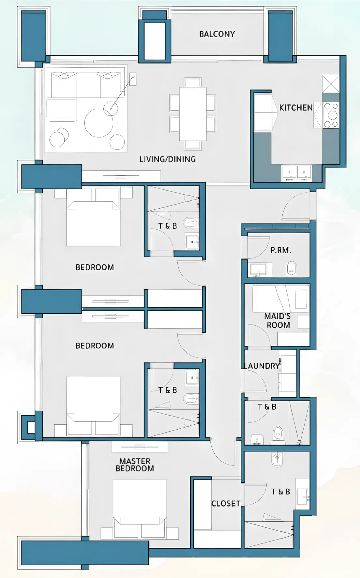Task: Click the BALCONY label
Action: pos(217,34)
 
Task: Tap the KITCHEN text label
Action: pos(296,108)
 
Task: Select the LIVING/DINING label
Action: pos(168,159)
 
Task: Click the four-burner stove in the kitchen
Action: pos(331,115)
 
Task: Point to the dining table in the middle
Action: pos(192,114)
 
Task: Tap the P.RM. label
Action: pos(281,251)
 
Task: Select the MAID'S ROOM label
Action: pos(278,320)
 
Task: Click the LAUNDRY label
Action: pos(262,366)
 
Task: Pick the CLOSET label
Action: pos(226,504)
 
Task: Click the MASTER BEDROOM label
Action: pos(135,465)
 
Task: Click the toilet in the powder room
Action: pos(291,269)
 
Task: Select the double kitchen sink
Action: pos(296,173)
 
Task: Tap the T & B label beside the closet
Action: pos(281,492)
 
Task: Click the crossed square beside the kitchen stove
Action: pos(330,84)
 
